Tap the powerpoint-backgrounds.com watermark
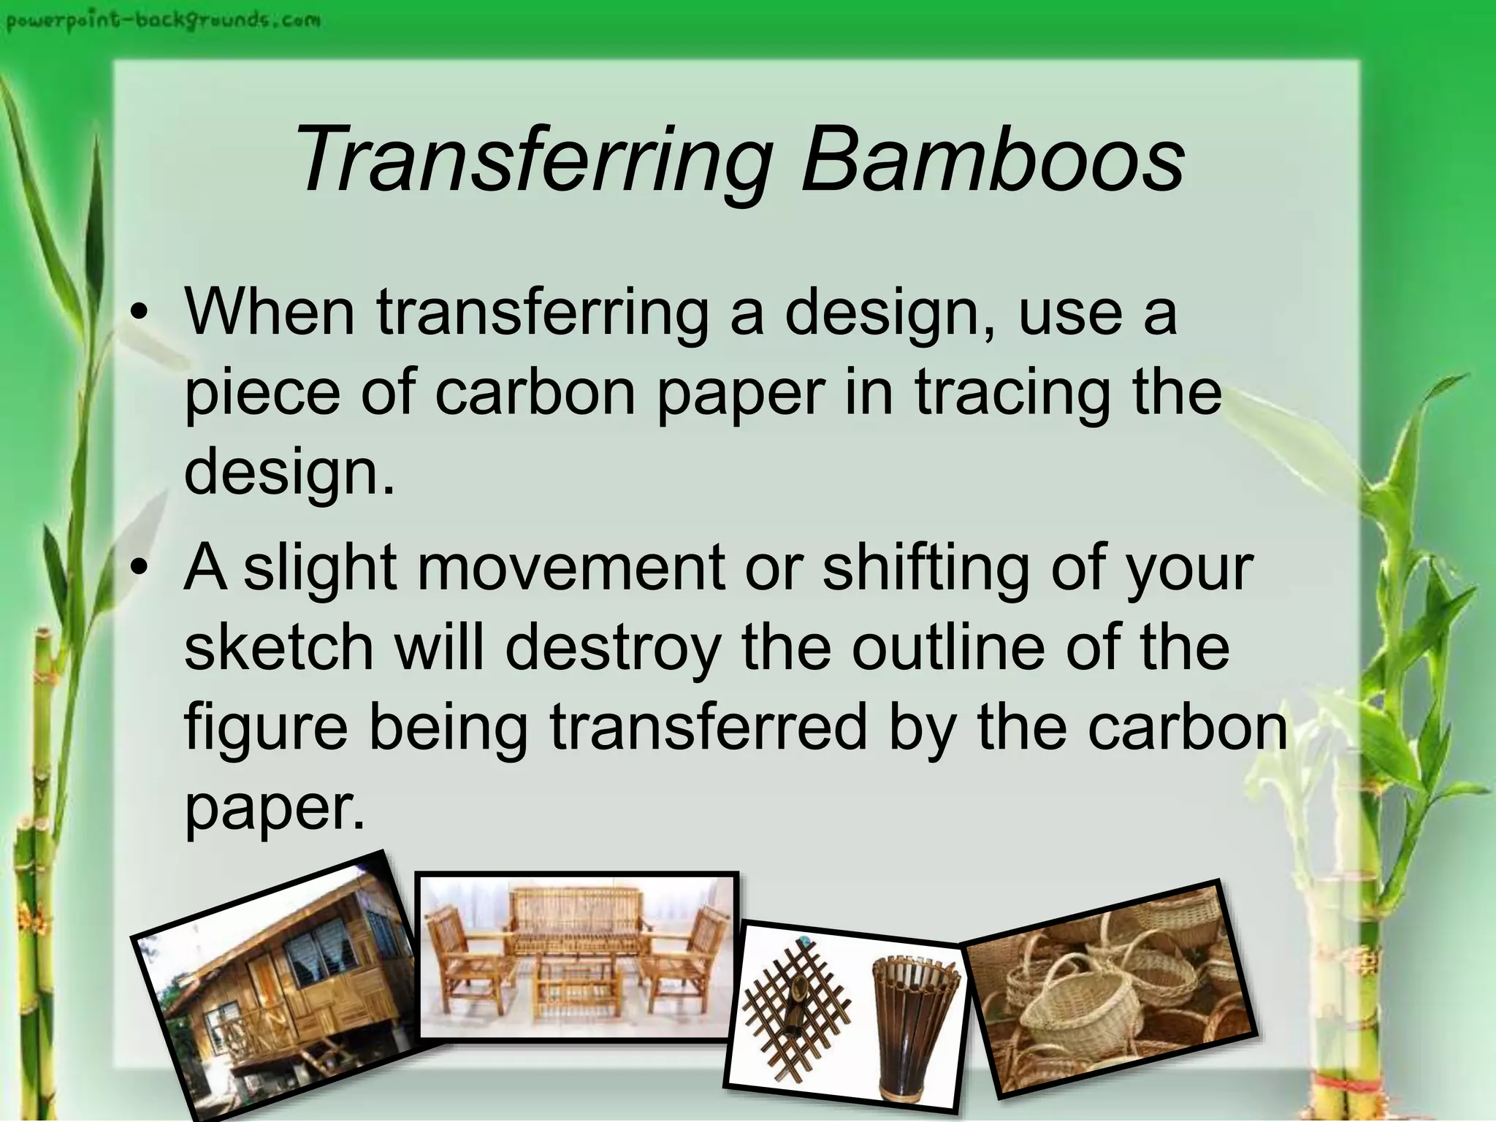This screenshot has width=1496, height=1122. pyautogui.click(x=163, y=20)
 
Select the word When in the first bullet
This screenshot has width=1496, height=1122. pyautogui.click(x=270, y=313)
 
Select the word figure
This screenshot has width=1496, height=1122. pyautogui.click(x=266, y=728)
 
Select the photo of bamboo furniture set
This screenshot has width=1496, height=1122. pyautogui.click(x=577, y=955)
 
